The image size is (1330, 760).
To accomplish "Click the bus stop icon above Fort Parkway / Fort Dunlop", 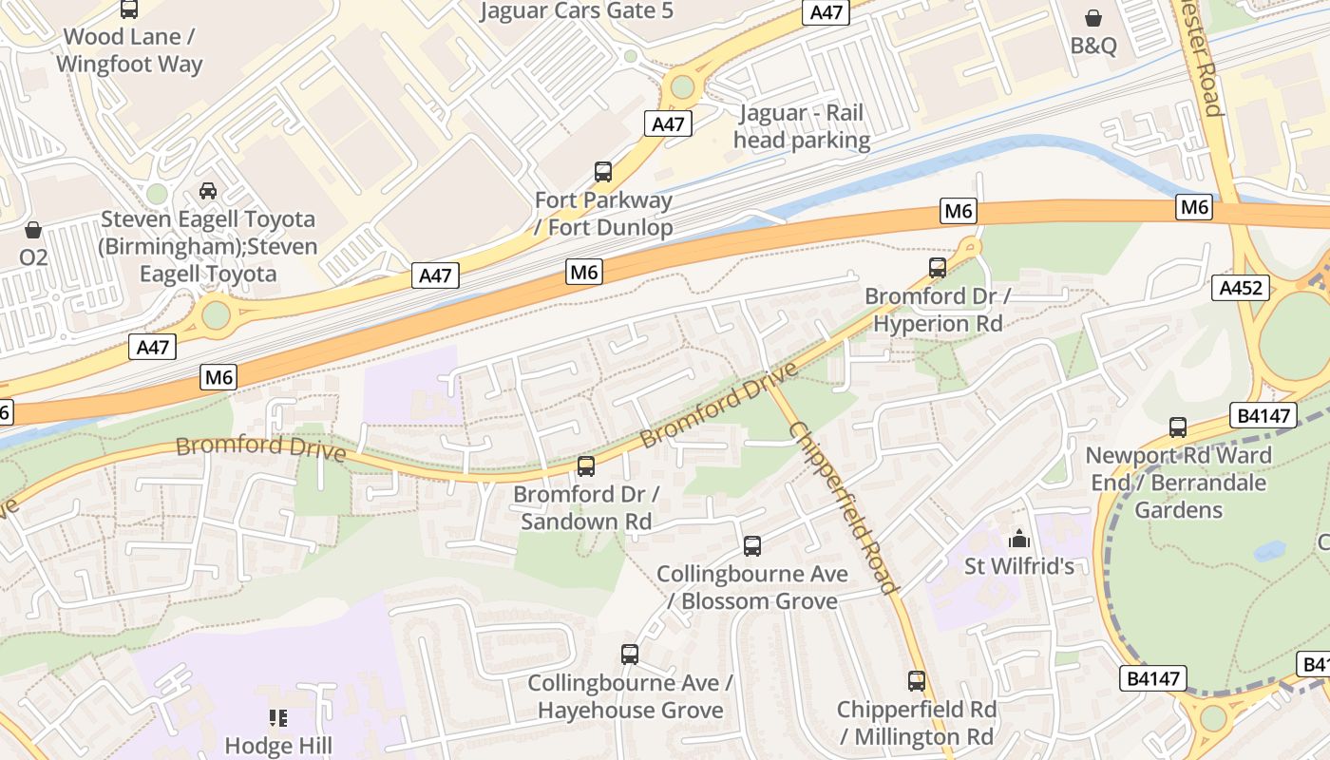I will click(x=603, y=172).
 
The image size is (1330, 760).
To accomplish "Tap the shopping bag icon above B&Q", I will click(x=1093, y=18).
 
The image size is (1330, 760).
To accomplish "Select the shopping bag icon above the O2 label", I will click(x=33, y=230).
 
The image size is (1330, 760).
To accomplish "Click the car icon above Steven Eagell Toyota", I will click(x=208, y=191).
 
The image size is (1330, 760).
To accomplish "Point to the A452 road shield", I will click(x=1241, y=288).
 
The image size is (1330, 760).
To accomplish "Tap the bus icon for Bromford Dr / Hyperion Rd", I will click(x=938, y=268).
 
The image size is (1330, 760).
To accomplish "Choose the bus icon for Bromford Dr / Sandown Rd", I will click(x=586, y=466).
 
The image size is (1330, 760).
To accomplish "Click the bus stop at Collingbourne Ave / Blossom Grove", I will click(x=752, y=546).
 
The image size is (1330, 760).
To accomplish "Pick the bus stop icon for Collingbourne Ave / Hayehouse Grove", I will click(x=630, y=655).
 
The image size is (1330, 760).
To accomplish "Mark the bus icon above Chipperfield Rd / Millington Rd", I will click(x=917, y=681).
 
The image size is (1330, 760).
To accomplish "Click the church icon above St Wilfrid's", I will click(x=1019, y=539).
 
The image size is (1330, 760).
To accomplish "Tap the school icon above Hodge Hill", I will click(x=278, y=717).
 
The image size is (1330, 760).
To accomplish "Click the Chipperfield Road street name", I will click(x=843, y=507).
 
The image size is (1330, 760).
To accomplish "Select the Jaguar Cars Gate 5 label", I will click(x=577, y=11).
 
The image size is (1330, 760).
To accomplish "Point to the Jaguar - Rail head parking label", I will click(x=803, y=127).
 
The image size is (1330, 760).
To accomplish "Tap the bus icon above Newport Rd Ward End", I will click(x=1178, y=427).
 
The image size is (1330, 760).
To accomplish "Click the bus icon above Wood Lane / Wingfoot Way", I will click(x=129, y=9).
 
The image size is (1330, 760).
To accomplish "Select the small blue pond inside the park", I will click(x=1269, y=551).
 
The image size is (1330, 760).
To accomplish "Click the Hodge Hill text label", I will click(x=278, y=745).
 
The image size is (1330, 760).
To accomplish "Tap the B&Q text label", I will click(x=1093, y=46).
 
